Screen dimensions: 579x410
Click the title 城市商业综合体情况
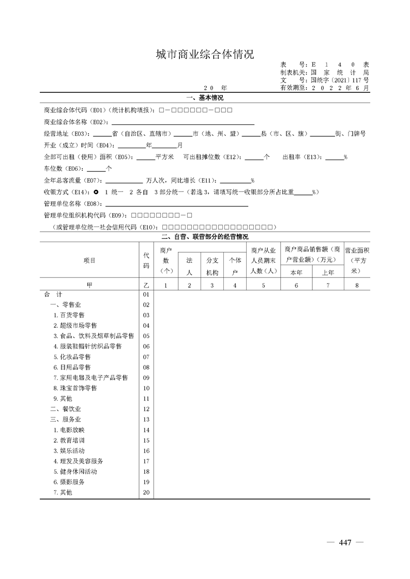205,54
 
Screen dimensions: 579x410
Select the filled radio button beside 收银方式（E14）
96,192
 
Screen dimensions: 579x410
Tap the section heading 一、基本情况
205,98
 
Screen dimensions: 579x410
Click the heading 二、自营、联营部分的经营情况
205,237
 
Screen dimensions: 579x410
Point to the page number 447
345,542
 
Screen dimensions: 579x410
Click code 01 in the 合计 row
146,294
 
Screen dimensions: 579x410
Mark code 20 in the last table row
146,492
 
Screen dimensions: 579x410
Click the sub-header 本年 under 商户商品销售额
296,272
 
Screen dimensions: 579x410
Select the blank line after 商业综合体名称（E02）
181,123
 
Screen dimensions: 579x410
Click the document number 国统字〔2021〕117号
340,81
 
